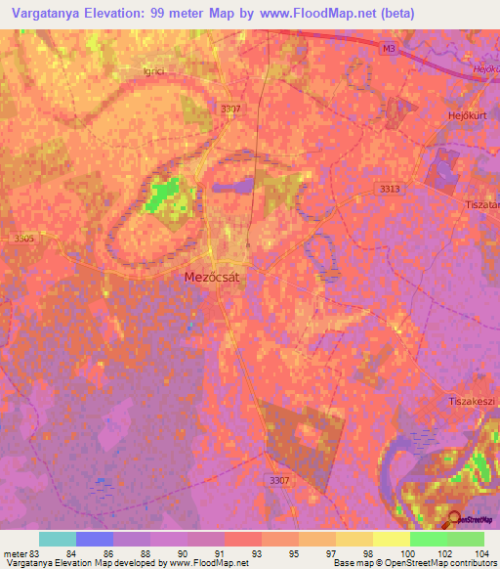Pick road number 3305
tap(24, 237)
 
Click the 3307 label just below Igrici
tap(231, 109)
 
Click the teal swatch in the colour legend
tap(58, 539)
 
